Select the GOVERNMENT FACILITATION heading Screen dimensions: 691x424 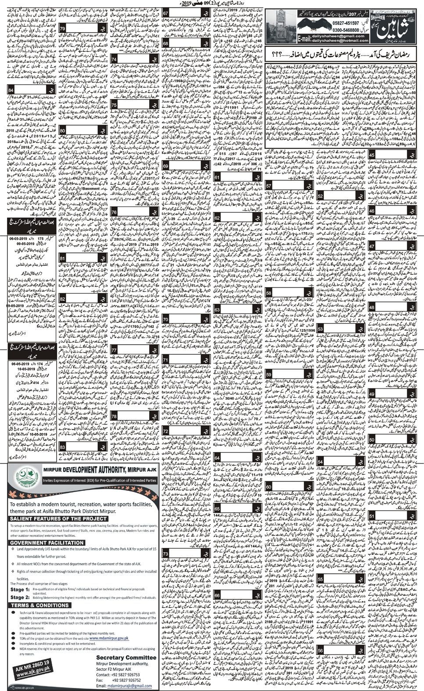point(44,543)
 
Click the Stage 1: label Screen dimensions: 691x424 point(20,590)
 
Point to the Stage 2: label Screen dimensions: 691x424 point(20,597)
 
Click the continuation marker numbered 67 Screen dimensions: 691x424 point(166,14)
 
